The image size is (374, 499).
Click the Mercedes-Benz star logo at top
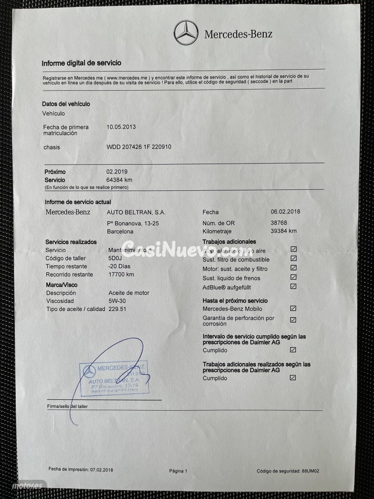tap(186, 33)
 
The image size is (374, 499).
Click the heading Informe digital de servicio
tap(81, 63)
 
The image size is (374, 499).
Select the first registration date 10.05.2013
tap(122, 127)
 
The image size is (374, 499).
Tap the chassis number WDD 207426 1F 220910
tap(139, 147)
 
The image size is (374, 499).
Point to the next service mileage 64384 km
tap(119, 180)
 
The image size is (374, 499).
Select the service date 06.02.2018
tap(285, 211)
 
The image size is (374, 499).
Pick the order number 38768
tap(280, 223)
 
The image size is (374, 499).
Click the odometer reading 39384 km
tap(283, 231)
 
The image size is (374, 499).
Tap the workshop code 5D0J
tap(115, 258)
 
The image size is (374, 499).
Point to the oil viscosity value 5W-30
tap(117, 301)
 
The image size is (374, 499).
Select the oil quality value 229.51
tap(117, 309)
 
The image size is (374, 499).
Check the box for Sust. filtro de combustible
tap(293, 259)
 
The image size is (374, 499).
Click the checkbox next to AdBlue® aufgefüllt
tap(293, 287)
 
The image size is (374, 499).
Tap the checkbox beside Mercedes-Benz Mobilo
tap(293, 309)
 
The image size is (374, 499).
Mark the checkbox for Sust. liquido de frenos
tap(293, 277)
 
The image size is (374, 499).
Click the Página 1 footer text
tap(178, 471)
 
